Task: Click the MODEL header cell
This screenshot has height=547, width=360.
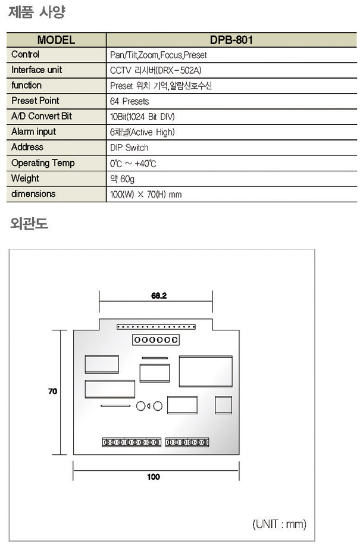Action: pos(56,40)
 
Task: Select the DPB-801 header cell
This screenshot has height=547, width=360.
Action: pos(231,40)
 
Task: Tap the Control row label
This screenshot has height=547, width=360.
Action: pos(26,55)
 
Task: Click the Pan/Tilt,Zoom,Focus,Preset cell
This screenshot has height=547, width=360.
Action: pos(158,55)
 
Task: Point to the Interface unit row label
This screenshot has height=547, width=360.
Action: pos(36,70)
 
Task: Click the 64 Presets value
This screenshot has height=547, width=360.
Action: pos(130,102)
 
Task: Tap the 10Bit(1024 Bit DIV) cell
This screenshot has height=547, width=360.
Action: pos(143,117)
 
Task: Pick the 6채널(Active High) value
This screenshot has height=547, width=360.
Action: pos(143,132)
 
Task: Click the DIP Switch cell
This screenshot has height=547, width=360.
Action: pos(129,148)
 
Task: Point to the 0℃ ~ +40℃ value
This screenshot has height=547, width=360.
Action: pos(133,163)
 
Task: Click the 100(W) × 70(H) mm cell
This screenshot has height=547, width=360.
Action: pos(146,194)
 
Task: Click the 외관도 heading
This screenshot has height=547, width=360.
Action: pos(29,224)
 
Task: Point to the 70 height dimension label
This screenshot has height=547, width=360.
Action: pos(52,391)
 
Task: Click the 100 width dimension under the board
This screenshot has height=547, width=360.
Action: pos(154,477)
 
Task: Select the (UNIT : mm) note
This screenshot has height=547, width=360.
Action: pos(280,524)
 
